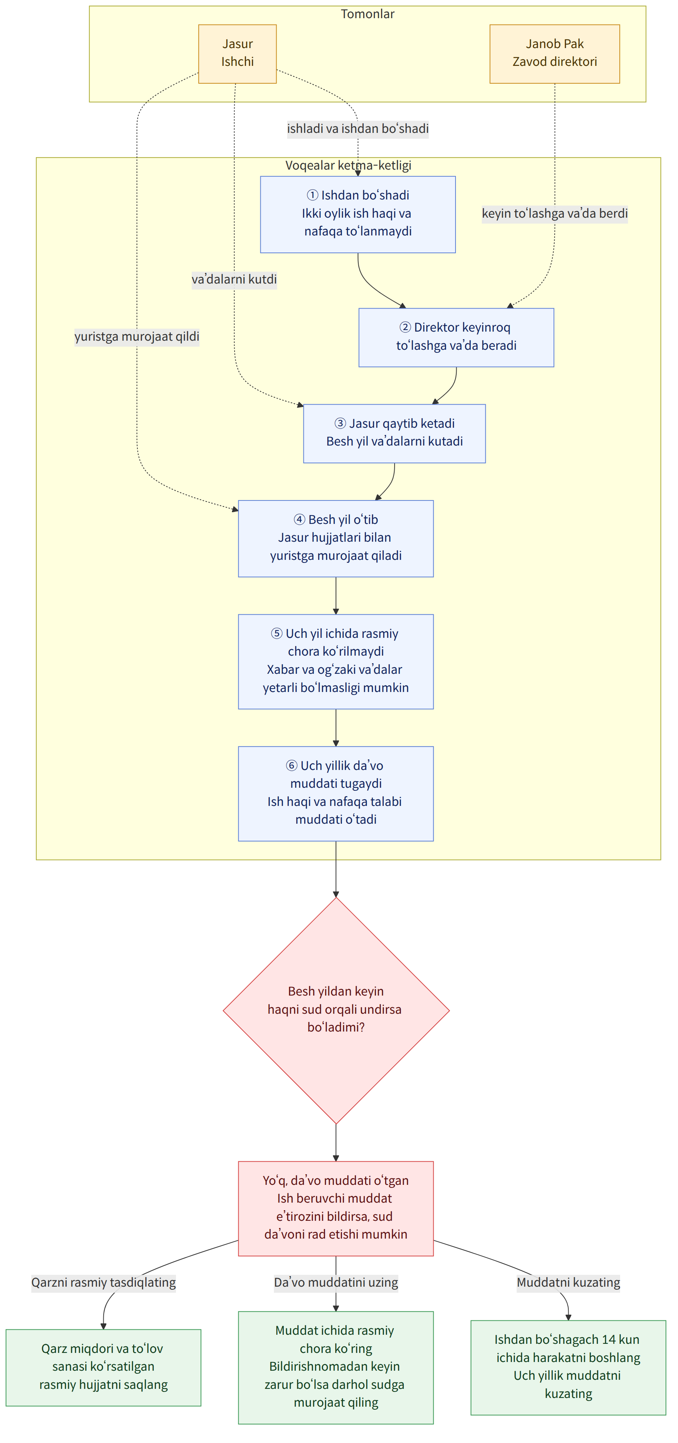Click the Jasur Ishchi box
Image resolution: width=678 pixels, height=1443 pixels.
237,54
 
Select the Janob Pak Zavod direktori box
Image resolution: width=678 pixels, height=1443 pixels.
554,54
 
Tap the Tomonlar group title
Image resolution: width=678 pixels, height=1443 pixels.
367,14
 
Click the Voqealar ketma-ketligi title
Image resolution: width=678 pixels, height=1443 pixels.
348,165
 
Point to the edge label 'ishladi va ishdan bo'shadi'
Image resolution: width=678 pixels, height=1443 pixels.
358,129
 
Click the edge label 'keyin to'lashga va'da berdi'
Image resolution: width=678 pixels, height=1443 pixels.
555,213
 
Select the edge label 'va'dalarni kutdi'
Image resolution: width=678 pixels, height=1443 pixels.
234,279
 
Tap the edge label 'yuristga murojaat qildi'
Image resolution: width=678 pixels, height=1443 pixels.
137,337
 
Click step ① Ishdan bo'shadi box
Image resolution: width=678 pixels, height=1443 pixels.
358,215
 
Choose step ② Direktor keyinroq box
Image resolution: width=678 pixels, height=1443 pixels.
456,337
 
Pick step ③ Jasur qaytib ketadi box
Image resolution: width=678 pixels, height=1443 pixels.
394,433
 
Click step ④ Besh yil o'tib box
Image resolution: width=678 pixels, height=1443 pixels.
336,538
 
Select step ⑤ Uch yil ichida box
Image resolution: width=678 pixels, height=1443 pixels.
336,662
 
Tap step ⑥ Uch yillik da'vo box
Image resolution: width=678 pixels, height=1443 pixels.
336,793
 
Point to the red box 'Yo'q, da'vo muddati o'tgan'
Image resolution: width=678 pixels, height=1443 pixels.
336,1208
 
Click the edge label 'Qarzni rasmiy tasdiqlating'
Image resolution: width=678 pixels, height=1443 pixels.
104,1282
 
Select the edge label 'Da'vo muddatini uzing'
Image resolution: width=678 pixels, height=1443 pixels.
336,1282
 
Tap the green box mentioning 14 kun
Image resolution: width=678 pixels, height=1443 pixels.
568,1367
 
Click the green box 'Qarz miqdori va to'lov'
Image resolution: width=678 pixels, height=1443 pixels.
104,1367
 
